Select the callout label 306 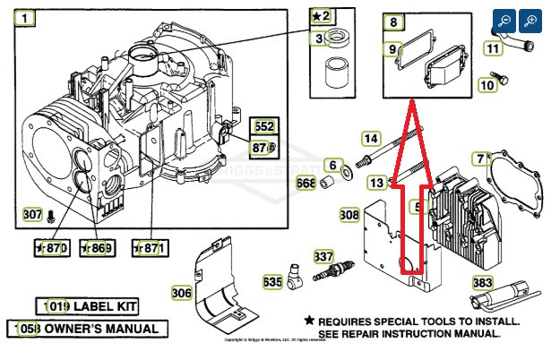click(x=182, y=292)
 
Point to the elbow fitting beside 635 click(x=295, y=281)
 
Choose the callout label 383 click(x=483, y=282)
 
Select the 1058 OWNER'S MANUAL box click(x=87, y=329)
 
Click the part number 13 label click(x=377, y=183)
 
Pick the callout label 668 click(x=306, y=184)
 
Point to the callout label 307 click(x=32, y=215)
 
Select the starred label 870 click(x=50, y=247)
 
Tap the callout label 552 click(x=263, y=126)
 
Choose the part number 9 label click(x=392, y=48)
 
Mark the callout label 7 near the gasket click(x=481, y=159)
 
